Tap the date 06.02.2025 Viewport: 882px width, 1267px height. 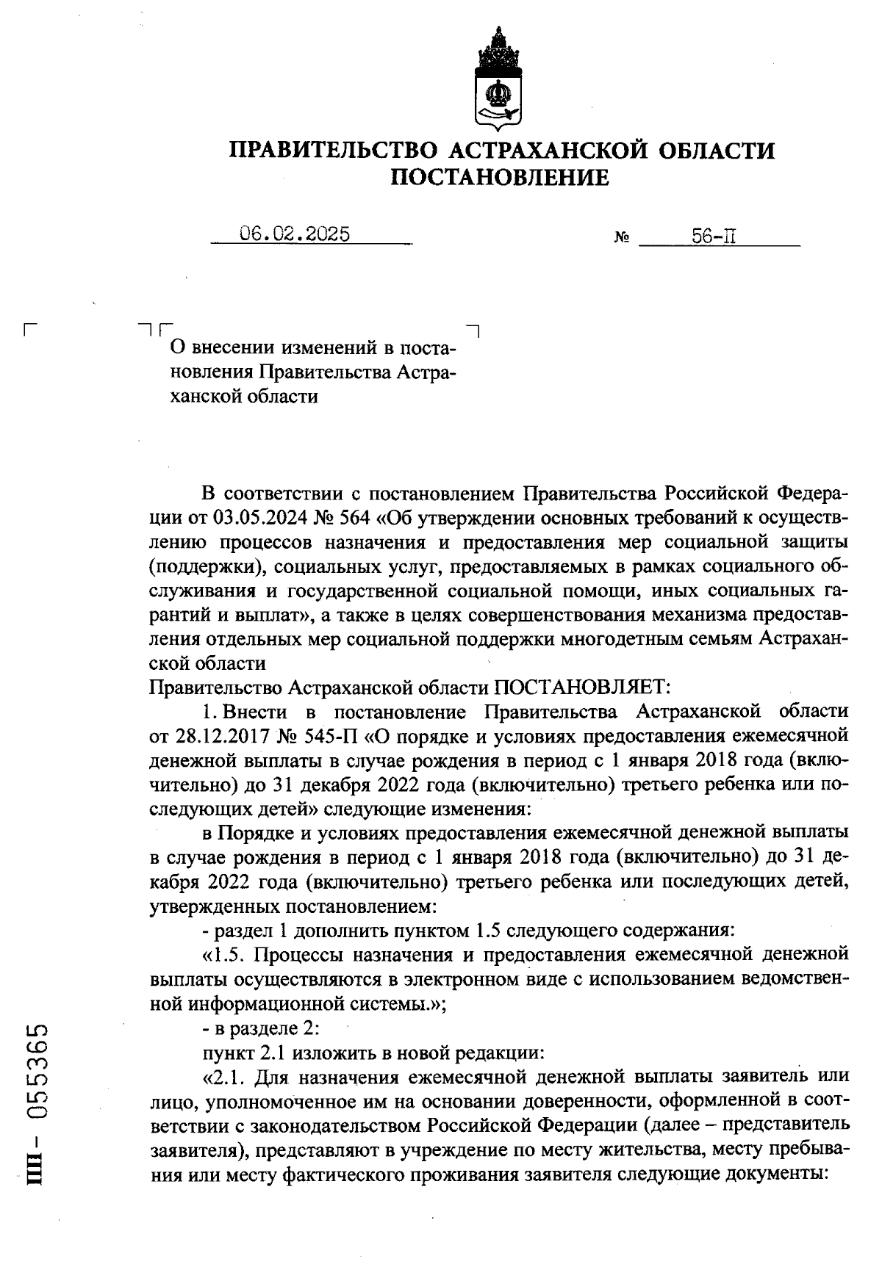294,234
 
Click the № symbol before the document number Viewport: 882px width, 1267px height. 621,238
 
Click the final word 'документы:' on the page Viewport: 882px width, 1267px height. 787,1174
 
